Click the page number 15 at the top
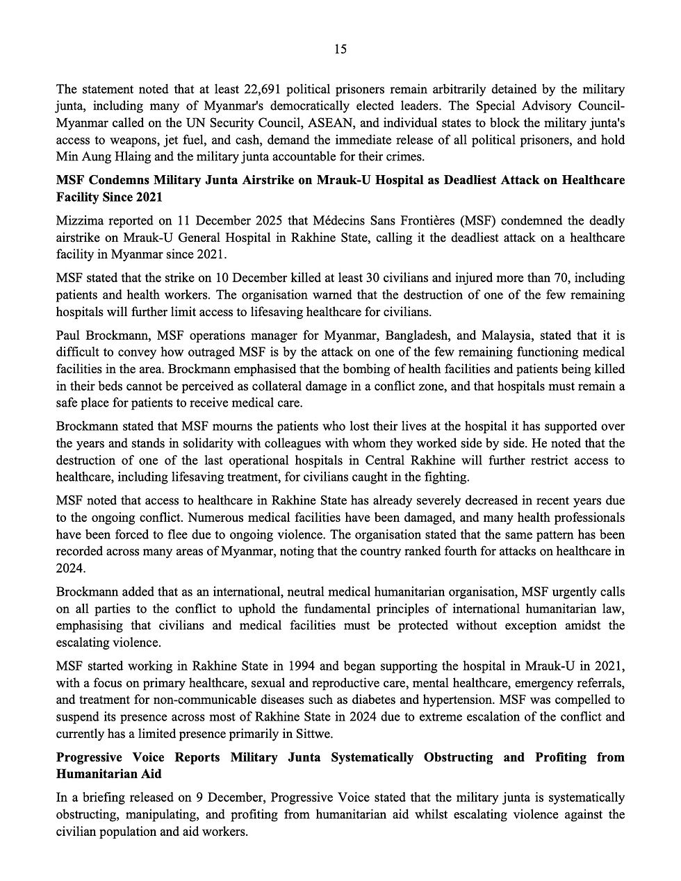pos(340,49)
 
